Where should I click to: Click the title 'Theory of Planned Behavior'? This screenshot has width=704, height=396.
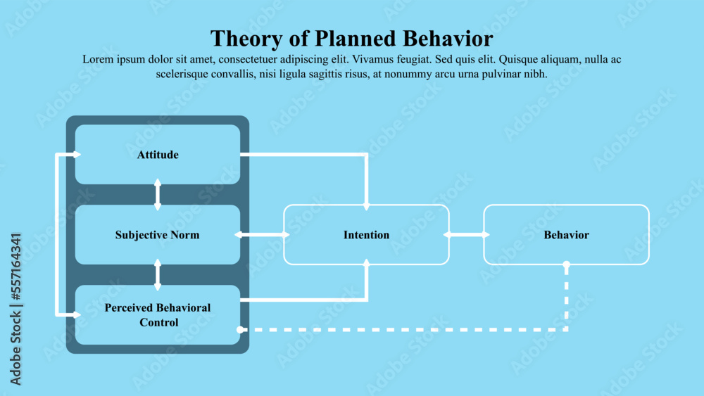tap(351, 37)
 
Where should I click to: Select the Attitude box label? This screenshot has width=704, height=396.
tap(158, 155)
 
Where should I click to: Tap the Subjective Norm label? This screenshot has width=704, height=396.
tap(157, 235)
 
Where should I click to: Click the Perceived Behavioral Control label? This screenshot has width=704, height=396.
tap(158, 315)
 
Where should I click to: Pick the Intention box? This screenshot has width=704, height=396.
tap(366, 235)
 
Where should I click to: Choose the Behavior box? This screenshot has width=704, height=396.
tap(566, 235)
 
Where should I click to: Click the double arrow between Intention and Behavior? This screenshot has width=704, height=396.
tap(466, 234)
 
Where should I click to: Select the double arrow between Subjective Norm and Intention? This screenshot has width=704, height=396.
tap(262, 234)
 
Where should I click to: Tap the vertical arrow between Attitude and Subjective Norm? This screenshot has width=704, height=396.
tap(157, 194)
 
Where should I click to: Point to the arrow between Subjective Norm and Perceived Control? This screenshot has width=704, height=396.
tap(157, 274)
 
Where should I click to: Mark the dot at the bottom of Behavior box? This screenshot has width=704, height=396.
tap(567, 265)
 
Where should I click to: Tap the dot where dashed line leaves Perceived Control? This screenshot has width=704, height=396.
tap(240, 329)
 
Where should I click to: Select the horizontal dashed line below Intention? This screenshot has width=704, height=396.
tap(401, 329)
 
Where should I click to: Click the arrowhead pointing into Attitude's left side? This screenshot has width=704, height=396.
tap(77, 154)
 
